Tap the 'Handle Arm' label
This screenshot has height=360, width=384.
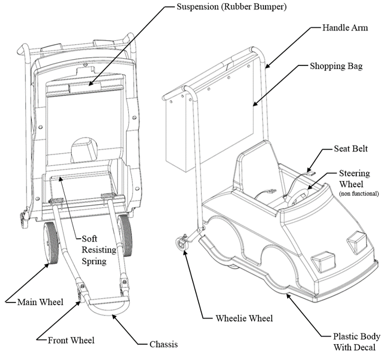pos(345,27)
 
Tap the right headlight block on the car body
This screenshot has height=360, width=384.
pos(355,238)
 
